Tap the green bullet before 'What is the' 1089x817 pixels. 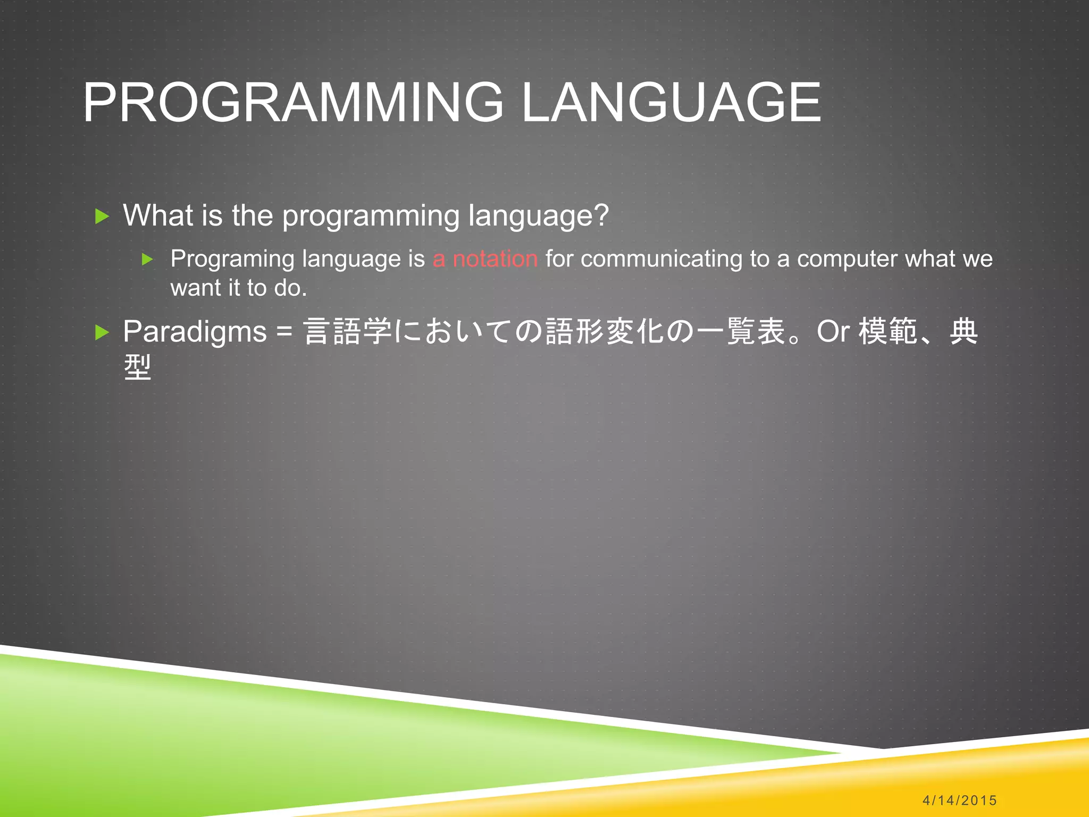(102, 216)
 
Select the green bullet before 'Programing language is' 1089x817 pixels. (148, 260)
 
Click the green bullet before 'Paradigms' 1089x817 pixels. (102, 333)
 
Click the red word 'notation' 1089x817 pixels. (495, 259)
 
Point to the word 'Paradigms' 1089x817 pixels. (195, 332)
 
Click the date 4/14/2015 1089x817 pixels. (959, 800)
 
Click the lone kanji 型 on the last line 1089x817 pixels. (138, 368)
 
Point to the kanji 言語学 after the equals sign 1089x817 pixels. (347, 332)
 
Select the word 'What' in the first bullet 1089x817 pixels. (158, 215)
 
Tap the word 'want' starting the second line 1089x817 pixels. (195, 289)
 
